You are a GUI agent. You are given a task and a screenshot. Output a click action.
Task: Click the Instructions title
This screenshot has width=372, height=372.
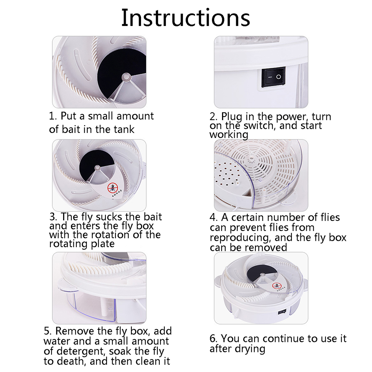pyautogui.click(x=186, y=18)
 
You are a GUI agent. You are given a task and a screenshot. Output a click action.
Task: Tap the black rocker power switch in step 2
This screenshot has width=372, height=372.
pyautogui.click(x=273, y=77)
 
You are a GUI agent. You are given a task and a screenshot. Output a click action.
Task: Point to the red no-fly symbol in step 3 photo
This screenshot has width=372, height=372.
pyautogui.click(x=112, y=188)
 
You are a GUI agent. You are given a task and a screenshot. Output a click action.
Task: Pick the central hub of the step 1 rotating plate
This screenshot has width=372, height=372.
pyautogui.click(x=126, y=77)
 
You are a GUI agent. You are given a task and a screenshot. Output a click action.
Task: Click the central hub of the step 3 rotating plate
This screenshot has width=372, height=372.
pyautogui.click(x=98, y=168)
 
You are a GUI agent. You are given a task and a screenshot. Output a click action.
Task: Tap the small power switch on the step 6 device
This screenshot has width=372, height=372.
pyautogui.click(x=282, y=311)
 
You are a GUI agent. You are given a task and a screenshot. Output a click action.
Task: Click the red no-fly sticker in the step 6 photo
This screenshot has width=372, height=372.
pyautogui.click(x=277, y=285)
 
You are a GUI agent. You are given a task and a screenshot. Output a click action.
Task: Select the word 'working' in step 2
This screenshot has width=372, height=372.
pyautogui.click(x=229, y=135)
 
